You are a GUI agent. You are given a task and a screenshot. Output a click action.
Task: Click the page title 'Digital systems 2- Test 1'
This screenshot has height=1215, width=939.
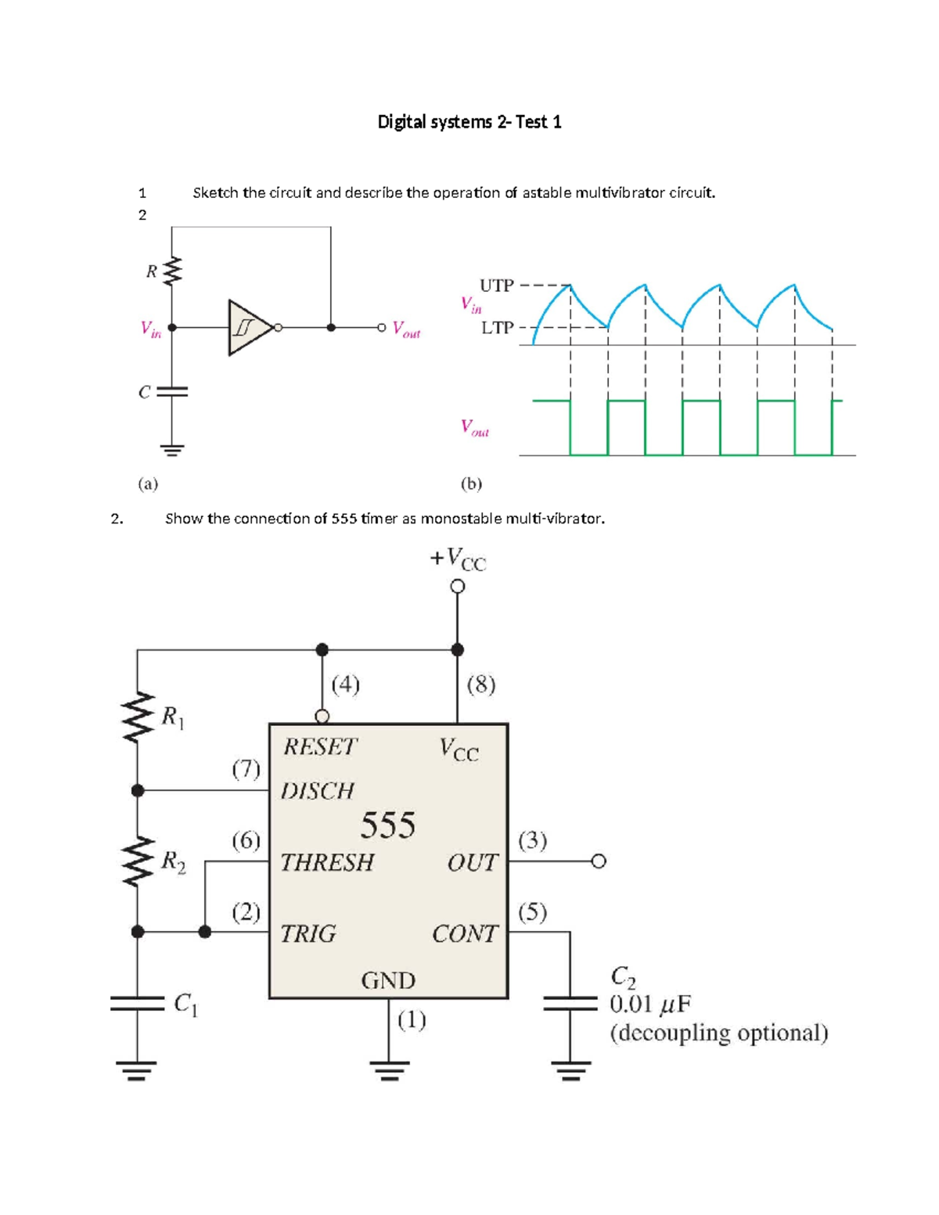469,122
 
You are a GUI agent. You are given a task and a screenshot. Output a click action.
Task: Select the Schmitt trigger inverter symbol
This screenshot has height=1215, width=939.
249,328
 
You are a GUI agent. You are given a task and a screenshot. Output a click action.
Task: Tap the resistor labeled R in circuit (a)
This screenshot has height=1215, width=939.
172,271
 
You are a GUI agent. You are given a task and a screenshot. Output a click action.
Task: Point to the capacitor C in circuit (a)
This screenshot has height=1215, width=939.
172,391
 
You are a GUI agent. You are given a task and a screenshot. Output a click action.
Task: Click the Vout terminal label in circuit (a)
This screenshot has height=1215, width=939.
406,329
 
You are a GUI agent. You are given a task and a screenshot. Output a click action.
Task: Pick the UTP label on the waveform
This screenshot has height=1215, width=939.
496,286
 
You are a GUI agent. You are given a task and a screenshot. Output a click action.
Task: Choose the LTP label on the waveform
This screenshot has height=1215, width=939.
497,328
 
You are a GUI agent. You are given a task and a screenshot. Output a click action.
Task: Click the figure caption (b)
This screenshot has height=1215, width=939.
471,483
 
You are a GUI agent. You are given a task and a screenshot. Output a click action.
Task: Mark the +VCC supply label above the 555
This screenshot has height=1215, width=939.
458,559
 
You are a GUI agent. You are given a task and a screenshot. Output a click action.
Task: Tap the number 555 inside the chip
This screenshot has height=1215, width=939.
387,825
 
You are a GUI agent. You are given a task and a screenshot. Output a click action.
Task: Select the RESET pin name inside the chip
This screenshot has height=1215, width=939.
319,747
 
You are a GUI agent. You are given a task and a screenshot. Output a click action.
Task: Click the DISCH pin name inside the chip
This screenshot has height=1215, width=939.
317,791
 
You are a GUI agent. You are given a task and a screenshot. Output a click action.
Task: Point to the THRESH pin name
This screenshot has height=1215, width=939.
327,862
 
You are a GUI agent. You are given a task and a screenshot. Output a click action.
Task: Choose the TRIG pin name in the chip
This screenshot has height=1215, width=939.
308,933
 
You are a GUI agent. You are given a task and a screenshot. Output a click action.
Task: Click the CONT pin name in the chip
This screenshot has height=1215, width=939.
464,933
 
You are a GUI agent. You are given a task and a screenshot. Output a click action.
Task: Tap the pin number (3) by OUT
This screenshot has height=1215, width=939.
532,840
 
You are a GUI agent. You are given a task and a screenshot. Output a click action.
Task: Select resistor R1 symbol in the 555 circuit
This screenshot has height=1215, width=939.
138,716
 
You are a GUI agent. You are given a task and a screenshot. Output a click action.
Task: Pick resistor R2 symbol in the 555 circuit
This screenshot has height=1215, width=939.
138,861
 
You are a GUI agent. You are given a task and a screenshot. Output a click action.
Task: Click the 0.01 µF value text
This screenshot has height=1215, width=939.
650,1004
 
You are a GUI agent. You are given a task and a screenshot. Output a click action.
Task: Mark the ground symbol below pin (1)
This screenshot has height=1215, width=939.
389,1069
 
